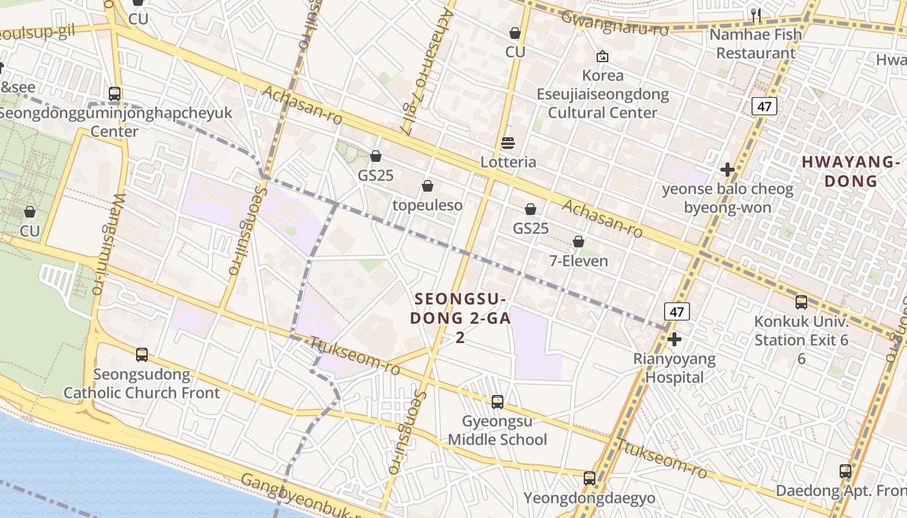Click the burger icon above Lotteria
(x=508, y=143)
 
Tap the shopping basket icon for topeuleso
(x=428, y=186)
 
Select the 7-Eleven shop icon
(x=579, y=242)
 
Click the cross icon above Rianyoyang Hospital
(x=674, y=339)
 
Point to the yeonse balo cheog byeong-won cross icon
(x=728, y=170)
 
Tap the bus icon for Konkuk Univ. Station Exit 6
(x=801, y=302)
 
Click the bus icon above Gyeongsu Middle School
(x=498, y=402)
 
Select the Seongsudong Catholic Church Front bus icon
(x=142, y=355)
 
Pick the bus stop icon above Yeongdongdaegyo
(x=590, y=479)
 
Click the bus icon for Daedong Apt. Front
(x=845, y=471)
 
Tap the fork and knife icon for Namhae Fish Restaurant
(x=755, y=15)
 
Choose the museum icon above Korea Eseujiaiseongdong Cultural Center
(x=603, y=57)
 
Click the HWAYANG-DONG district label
(x=851, y=171)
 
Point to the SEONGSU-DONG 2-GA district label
(x=460, y=318)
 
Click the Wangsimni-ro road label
(x=107, y=245)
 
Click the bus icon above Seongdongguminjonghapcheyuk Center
(x=115, y=94)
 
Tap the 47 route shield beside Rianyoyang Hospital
(x=677, y=311)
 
